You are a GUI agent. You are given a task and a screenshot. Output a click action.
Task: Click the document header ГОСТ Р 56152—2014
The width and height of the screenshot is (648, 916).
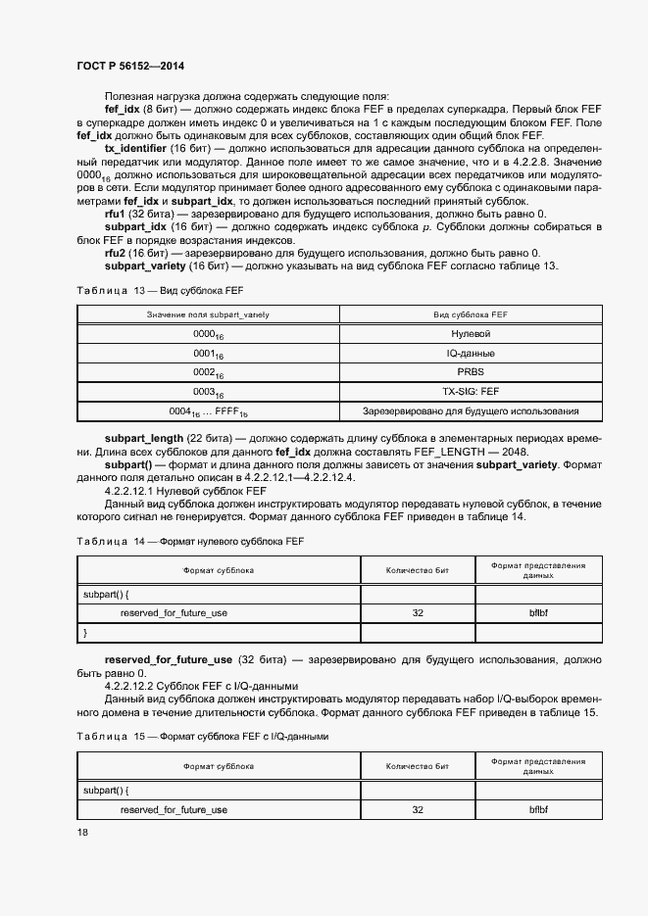click(x=130, y=66)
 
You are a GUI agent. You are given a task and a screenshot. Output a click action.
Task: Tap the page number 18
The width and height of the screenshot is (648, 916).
click(x=82, y=832)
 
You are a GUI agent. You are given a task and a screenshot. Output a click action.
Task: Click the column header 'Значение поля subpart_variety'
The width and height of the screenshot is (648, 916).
click(x=208, y=313)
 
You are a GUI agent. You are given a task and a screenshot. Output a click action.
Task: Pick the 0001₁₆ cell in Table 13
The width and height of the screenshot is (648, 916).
click(x=208, y=353)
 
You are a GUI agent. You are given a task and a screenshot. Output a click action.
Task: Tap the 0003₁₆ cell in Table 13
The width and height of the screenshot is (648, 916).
click(x=208, y=392)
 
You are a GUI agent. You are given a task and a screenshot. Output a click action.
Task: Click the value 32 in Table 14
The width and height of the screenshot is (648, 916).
click(x=418, y=612)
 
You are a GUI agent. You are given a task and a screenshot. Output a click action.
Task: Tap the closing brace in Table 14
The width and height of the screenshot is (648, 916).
click(x=85, y=632)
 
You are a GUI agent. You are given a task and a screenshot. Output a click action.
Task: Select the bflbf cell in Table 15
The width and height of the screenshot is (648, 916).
click(x=538, y=810)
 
